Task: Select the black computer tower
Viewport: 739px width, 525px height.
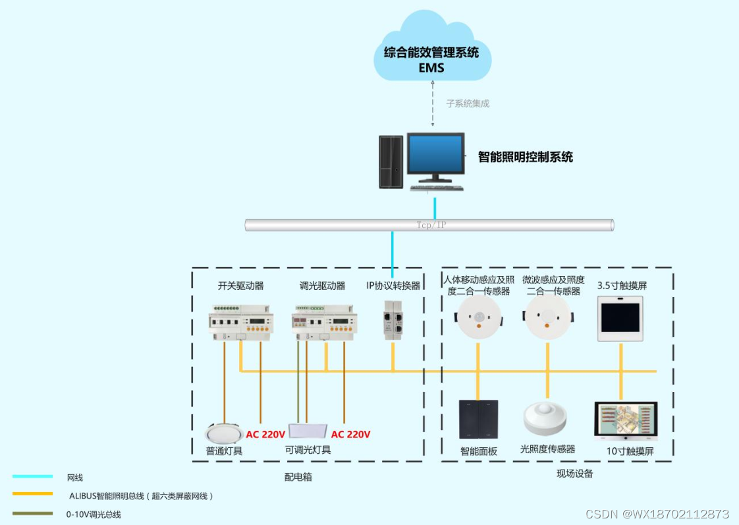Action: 391,161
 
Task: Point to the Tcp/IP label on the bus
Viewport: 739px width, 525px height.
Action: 431,225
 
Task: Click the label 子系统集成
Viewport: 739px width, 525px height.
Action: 468,103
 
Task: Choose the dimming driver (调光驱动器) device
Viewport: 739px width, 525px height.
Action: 324,322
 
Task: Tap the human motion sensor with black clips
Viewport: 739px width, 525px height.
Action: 478,318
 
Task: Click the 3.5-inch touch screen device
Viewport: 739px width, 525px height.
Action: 620,318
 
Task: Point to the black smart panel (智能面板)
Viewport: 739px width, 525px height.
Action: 478,419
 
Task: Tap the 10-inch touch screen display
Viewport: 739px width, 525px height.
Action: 625,421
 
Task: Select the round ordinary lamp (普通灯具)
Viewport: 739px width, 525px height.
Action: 224,433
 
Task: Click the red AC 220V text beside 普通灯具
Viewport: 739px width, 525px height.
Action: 265,434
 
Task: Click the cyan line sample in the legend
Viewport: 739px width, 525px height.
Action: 32,476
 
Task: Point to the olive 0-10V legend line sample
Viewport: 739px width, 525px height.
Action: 32,513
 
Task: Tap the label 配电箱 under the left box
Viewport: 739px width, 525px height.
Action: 298,476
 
